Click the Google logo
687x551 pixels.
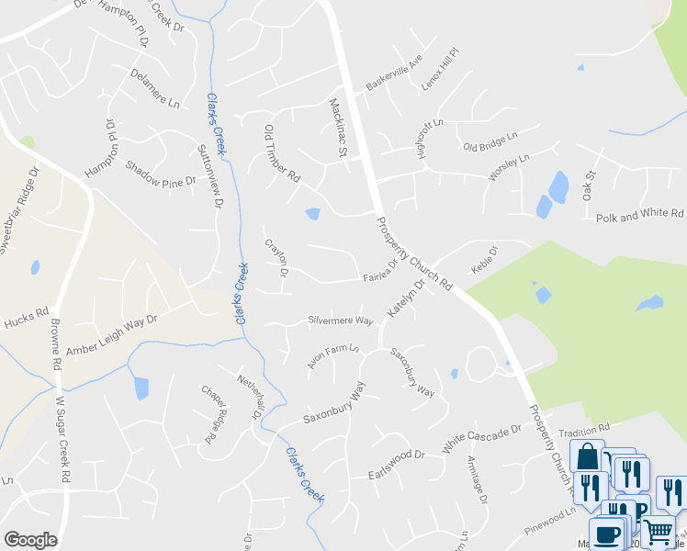(x=30, y=539)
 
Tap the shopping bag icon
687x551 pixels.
(x=587, y=456)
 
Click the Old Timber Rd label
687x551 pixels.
(x=282, y=152)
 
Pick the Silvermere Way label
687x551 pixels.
(x=340, y=321)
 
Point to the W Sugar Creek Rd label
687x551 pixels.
(x=63, y=440)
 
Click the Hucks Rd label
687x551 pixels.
(x=25, y=315)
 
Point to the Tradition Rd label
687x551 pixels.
(x=584, y=430)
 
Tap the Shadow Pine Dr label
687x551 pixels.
(x=162, y=173)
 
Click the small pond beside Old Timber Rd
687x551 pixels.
(x=312, y=214)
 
